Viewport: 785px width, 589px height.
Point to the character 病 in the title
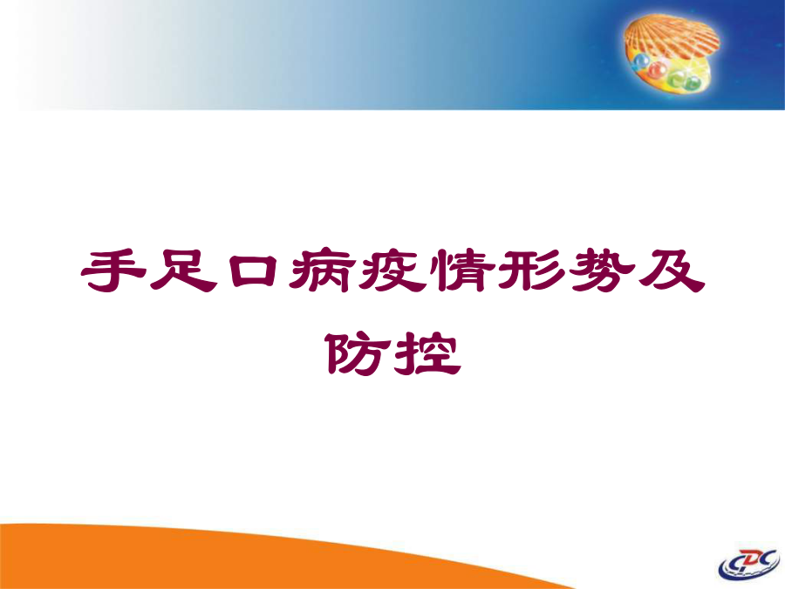[323, 271]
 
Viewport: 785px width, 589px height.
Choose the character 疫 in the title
[392, 271]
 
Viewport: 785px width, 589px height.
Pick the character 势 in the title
[601, 271]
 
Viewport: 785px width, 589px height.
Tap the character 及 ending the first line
[671, 271]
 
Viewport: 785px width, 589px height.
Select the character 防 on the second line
[358, 353]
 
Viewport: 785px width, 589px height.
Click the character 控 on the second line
[427, 353]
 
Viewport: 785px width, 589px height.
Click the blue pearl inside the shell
[640, 63]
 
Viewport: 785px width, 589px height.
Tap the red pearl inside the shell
[658, 69]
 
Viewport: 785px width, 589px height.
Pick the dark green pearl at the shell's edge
[693, 83]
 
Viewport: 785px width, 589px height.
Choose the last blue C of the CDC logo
[768, 558]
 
